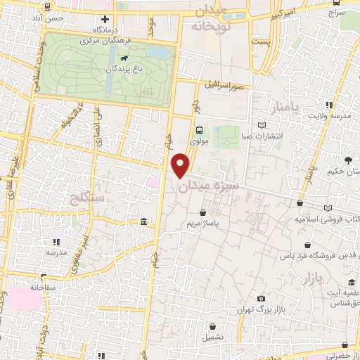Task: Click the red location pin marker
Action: tap(182, 165)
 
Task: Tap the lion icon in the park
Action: tap(124, 58)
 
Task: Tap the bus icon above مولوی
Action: tap(200, 130)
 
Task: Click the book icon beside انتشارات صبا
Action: tap(262, 125)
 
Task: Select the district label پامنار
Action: tap(285, 106)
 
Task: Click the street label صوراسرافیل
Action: tap(224, 85)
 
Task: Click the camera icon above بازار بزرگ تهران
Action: tap(262, 299)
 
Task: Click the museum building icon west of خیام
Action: tap(143, 223)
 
